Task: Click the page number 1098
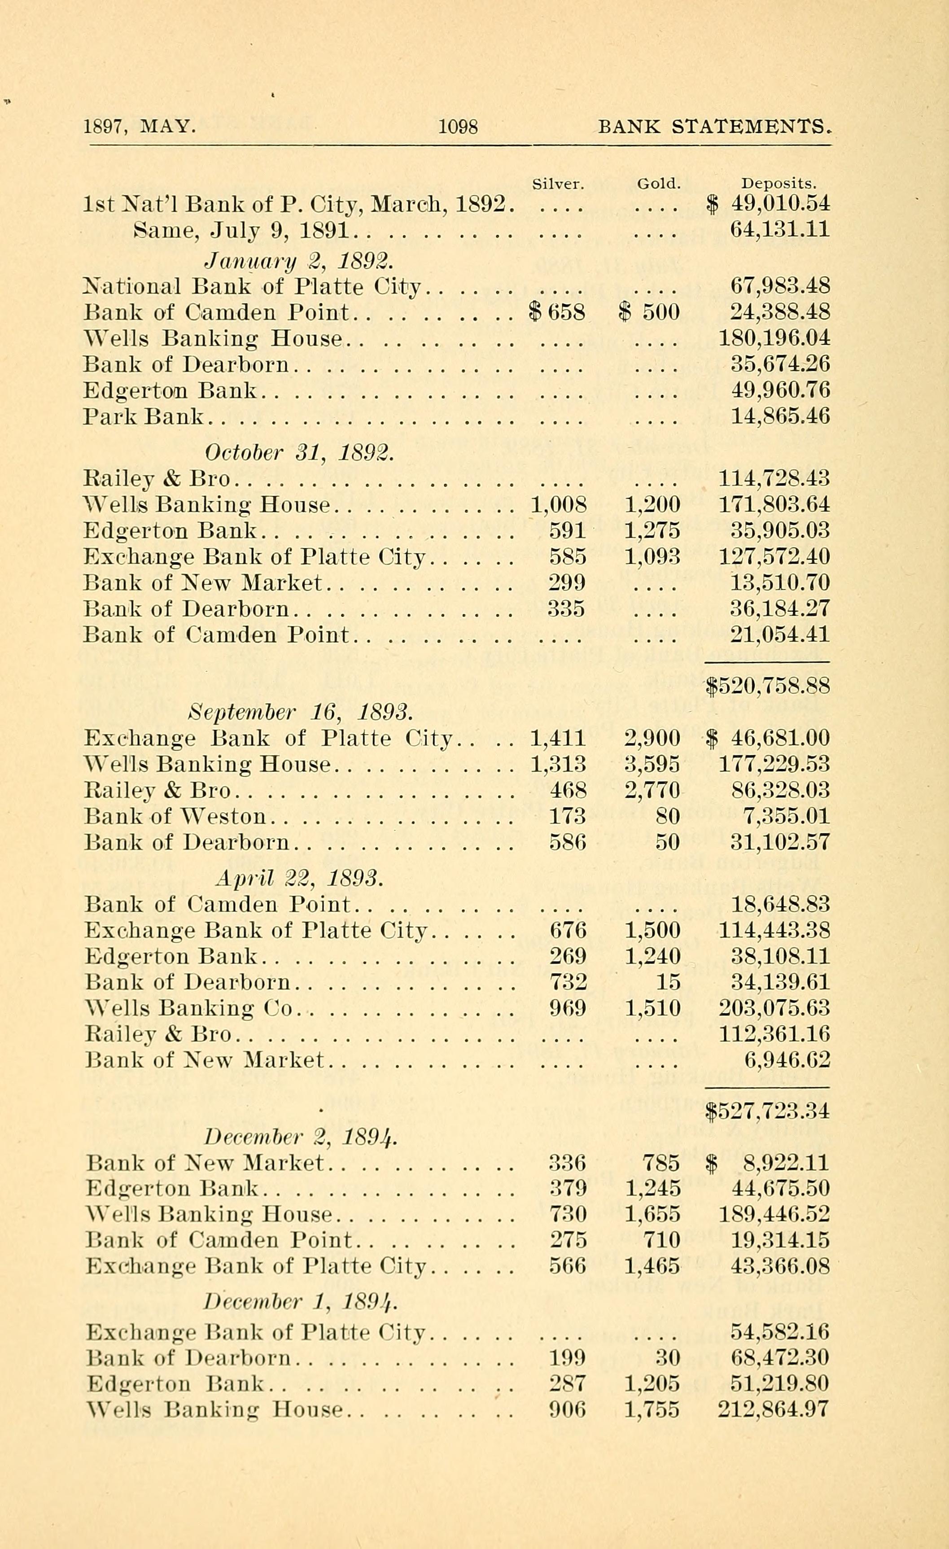pos(458,127)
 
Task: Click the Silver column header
pos(558,184)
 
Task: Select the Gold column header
pos(659,184)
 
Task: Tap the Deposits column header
pos(778,184)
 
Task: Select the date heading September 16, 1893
pos(301,712)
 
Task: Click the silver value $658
pos(557,312)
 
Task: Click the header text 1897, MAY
pos(140,127)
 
